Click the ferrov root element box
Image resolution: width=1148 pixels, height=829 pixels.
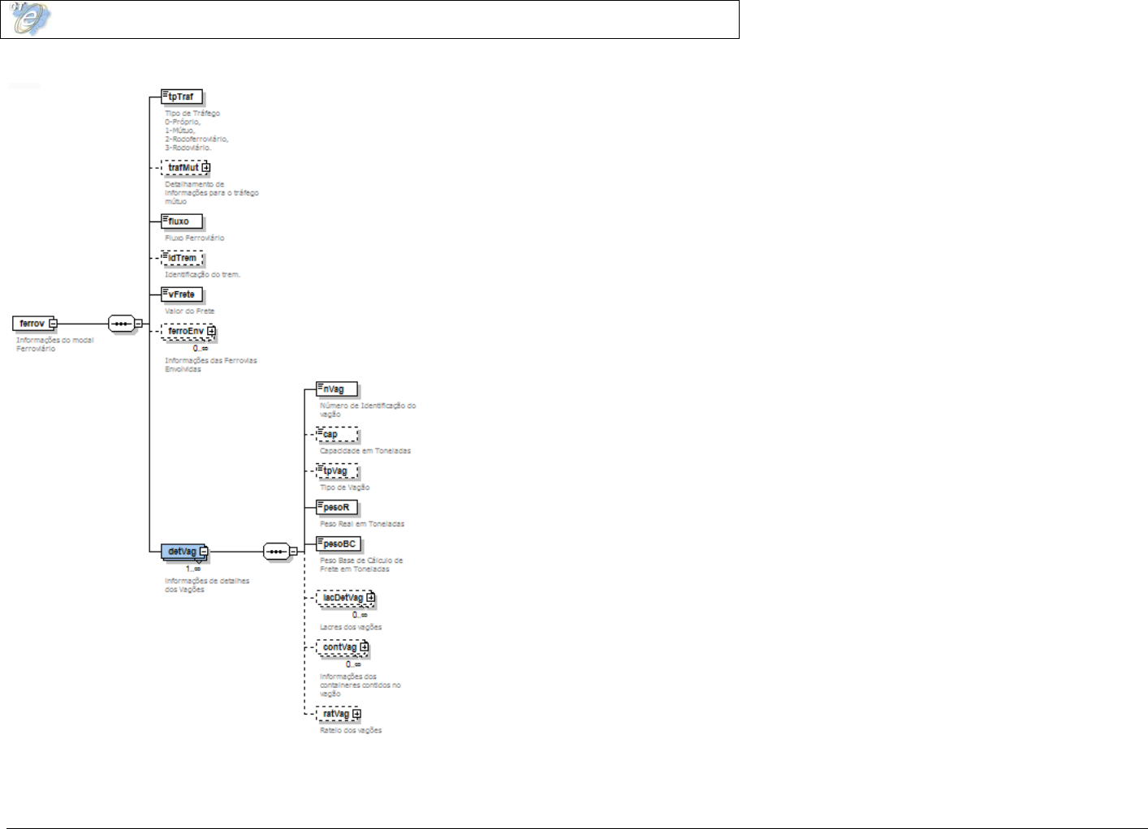click(x=32, y=324)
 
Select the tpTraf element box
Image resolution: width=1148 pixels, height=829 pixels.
click(x=181, y=97)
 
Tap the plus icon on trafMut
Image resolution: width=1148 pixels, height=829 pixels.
click(x=206, y=168)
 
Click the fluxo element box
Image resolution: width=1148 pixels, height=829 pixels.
click(x=181, y=221)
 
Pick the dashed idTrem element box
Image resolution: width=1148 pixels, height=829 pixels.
click(x=182, y=258)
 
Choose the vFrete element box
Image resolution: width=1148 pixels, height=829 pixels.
click(x=181, y=294)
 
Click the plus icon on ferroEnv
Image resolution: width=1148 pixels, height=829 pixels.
click(x=211, y=331)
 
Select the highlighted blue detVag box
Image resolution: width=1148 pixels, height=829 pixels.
click(x=182, y=552)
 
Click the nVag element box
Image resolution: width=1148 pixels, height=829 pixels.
click(x=336, y=389)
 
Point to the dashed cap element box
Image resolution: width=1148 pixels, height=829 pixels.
click(x=336, y=434)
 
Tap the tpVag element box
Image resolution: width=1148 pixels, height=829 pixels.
click(x=336, y=471)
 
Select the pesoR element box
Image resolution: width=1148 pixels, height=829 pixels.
click(x=336, y=508)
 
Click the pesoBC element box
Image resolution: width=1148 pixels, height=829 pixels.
click(x=339, y=544)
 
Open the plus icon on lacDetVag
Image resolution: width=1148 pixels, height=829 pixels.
click(x=370, y=598)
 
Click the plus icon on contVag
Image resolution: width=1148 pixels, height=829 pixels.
click(x=365, y=647)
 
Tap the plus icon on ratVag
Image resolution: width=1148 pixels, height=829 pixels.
click(x=356, y=714)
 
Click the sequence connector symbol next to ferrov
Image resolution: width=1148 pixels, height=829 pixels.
click(x=121, y=324)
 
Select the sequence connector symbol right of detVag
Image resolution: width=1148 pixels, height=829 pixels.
click(x=276, y=552)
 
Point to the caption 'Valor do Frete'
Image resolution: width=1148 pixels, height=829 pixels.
click(x=189, y=311)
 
